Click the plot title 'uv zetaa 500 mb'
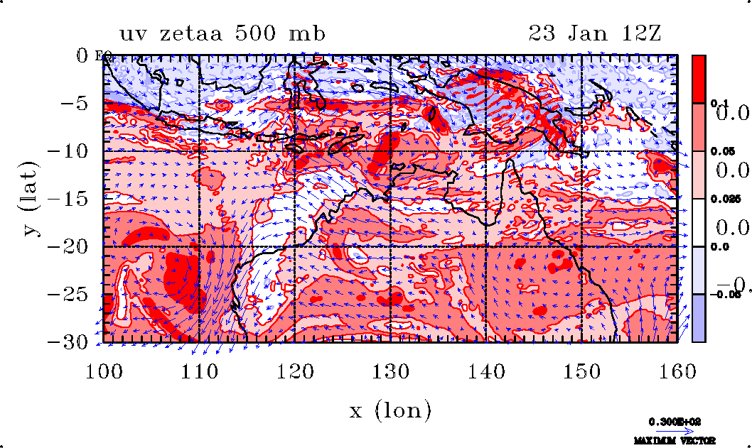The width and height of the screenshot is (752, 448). (x=222, y=33)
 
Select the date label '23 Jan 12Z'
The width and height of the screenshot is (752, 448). (x=595, y=33)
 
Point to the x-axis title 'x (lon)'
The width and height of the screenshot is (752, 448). (x=390, y=410)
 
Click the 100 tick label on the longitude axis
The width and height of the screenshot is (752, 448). (x=104, y=371)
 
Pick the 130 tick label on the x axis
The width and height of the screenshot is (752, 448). (x=390, y=371)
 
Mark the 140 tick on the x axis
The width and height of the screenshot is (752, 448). (x=485, y=371)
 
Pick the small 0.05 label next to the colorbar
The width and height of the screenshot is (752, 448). (x=719, y=152)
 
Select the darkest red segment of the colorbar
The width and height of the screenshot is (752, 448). (x=699, y=79)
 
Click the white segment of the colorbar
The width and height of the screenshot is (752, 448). (x=699, y=223)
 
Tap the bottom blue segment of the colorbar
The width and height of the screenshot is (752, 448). (x=699, y=318)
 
